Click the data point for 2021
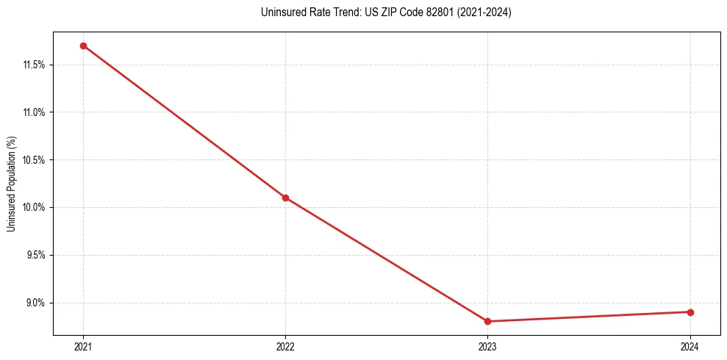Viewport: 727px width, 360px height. pyautogui.click(x=83, y=46)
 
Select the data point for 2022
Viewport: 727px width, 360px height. pyautogui.click(x=285, y=198)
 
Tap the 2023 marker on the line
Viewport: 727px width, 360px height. pyautogui.click(x=487, y=321)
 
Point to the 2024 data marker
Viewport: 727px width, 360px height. pyautogui.click(x=690, y=312)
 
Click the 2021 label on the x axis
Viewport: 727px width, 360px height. pyautogui.click(x=83, y=346)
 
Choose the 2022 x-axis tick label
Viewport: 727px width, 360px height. pyautogui.click(x=285, y=346)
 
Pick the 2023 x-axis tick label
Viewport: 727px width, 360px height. pyautogui.click(x=487, y=346)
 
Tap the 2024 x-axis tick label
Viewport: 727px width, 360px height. pyautogui.click(x=690, y=346)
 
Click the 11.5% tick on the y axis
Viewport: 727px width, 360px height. pyautogui.click(x=34, y=65)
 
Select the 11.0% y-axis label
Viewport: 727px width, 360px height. pyautogui.click(x=34, y=112)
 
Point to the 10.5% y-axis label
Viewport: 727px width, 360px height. pyautogui.click(x=34, y=160)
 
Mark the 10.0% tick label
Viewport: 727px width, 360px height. pyautogui.click(x=34, y=207)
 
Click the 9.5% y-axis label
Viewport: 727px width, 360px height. pyautogui.click(x=35, y=255)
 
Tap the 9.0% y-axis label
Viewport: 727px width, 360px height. pyautogui.click(x=35, y=303)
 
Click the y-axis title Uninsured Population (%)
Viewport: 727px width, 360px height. pyautogui.click(x=11, y=184)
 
